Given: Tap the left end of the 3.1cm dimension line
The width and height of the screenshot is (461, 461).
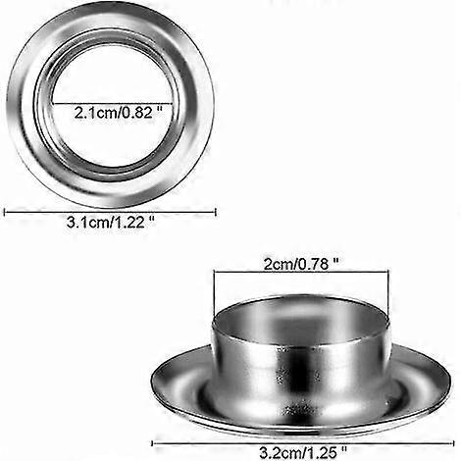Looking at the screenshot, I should [x=6, y=209].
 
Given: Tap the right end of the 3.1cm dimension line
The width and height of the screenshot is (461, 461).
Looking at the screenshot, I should [x=215, y=209].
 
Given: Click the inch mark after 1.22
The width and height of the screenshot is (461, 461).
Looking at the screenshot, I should [x=153, y=222].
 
